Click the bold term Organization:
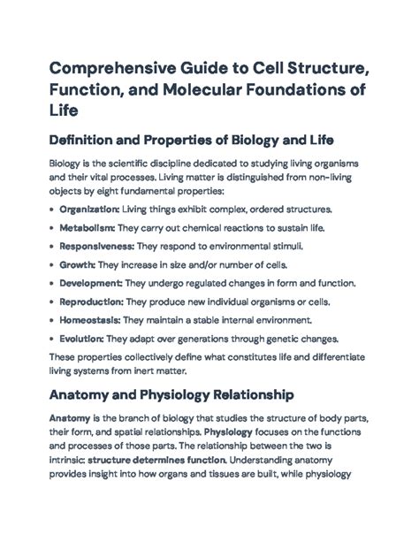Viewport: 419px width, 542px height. tap(89, 210)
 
